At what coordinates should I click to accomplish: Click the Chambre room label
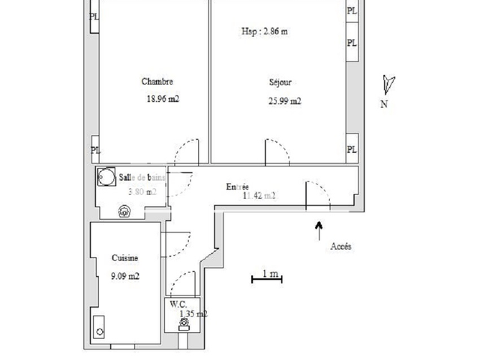pos(157,82)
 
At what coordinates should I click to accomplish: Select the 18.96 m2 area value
pos(163,98)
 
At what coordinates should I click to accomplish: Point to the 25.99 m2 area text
pos(284,102)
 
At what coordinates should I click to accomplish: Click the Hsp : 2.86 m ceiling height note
pos(264,31)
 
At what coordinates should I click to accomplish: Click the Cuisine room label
pos(124,258)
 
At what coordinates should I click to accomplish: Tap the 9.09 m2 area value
pos(125,276)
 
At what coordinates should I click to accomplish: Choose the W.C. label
pos(178,304)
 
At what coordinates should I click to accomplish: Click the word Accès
pos(340,246)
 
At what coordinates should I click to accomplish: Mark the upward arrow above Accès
pos(319,227)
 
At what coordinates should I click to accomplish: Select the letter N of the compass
pos(384,105)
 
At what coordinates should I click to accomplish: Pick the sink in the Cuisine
pos(99,328)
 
